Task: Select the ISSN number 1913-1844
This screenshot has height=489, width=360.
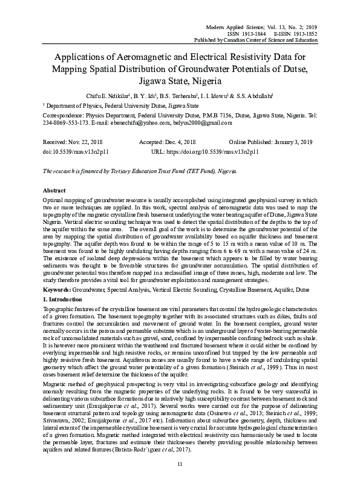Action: pyautogui.click(x=252, y=34)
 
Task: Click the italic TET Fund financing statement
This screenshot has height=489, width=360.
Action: pyautogui.click(x=139, y=171)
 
